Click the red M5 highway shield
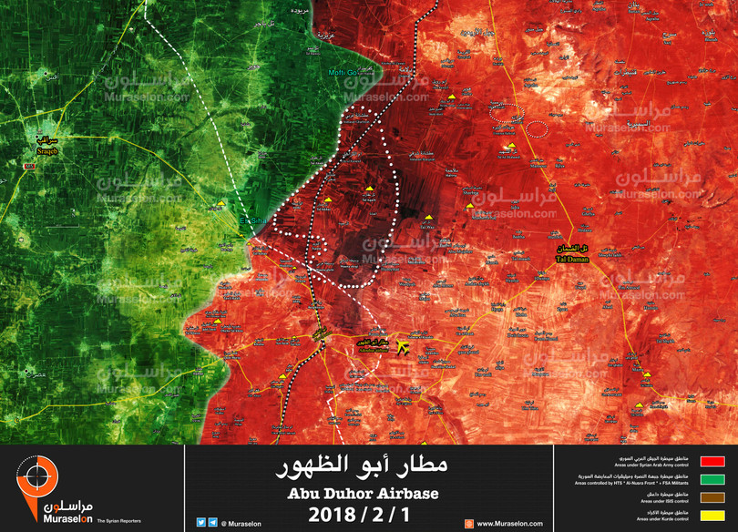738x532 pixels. (x=30, y=166)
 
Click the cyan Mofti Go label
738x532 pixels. (x=346, y=73)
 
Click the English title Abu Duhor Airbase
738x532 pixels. (x=363, y=494)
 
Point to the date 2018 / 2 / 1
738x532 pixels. (x=363, y=515)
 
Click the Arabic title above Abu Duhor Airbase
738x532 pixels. (x=363, y=468)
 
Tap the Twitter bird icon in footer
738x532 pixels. (x=200, y=523)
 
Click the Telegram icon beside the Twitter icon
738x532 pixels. (x=212, y=523)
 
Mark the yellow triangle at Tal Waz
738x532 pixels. (x=428, y=217)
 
